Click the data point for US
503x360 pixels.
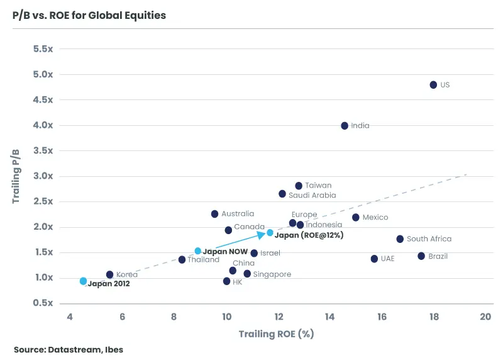tap(433, 84)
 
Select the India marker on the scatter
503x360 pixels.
tap(345, 126)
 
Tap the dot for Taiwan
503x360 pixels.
tap(299, 186)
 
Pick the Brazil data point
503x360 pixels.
tap(421, 256)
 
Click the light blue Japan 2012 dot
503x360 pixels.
tap(83, 281)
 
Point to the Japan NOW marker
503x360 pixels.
tap(198, 251)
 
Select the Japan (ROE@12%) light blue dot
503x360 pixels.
tap(270, 233)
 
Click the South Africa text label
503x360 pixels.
tap(429, 239)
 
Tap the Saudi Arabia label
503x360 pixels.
tap(312, 195)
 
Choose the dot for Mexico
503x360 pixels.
tap(356, 217)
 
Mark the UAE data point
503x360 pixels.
tap(374, 259)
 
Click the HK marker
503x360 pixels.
tap(226, 281)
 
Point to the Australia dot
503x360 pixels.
tap(214, 214)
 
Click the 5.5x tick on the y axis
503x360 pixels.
tap(43, 49)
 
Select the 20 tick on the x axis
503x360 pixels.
tap(485, 316)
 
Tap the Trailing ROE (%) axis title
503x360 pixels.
tap(276, 334)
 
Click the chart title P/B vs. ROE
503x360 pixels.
tap(89, 15)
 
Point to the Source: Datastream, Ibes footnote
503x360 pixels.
tap(69, 349)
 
